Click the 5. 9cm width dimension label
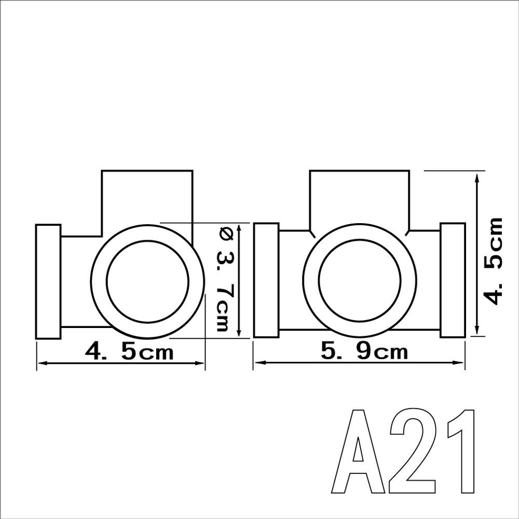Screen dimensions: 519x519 point(364,352)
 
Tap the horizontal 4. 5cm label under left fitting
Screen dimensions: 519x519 point(129,352)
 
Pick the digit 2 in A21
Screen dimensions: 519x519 point(412,452)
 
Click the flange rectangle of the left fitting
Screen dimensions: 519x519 point(48,282)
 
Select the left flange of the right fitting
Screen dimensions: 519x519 point(266,280)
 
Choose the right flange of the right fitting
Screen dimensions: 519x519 point(453,280)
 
